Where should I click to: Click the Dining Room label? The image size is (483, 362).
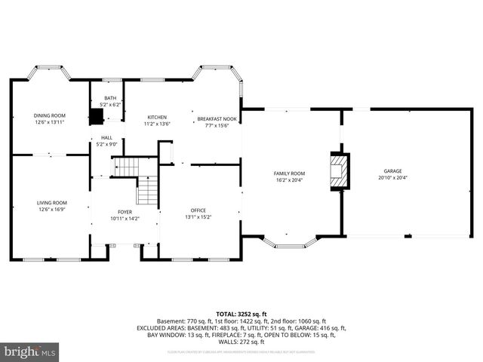tap(49, 115)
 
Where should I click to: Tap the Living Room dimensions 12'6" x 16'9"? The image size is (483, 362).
tap(52, 209)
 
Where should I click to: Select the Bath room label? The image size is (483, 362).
tap(110, 98)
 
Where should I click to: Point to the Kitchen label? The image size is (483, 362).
tap(157, 117)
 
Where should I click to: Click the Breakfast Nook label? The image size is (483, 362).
tap(217, 118)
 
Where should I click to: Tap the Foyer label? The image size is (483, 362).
tap(125, 212)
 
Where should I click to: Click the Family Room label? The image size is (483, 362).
tap(288, 173)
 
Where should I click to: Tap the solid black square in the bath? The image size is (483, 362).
tap(96, 117)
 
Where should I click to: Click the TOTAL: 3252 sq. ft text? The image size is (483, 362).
tap(241, 313)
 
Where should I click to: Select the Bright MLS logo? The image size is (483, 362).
tap(30, 351)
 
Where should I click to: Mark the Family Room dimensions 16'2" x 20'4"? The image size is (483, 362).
tap(288, 180)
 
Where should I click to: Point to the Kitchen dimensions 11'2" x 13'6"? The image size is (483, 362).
tap(157, 124)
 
